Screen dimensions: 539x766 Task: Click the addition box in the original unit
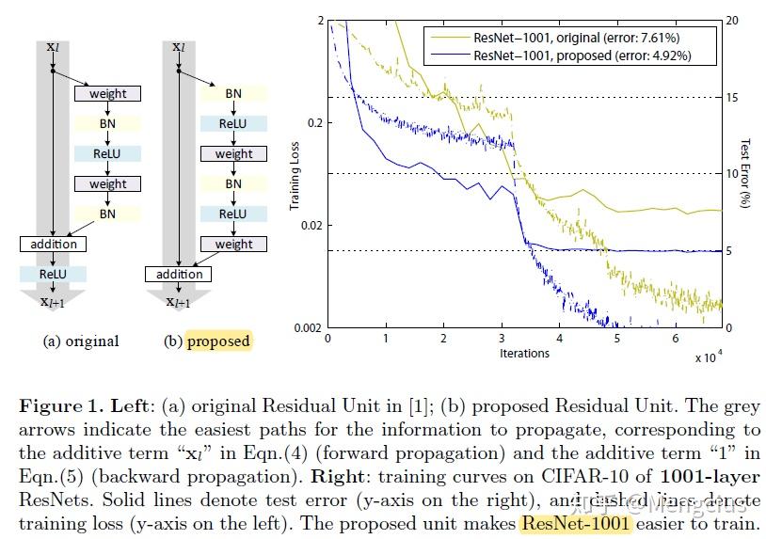click(x=53, y=244)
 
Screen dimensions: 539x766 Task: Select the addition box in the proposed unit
click(x=179, y=275)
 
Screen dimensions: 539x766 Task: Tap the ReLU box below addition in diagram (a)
click(x=53, y=274)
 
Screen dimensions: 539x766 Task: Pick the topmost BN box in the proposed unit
click(x=233, y=93)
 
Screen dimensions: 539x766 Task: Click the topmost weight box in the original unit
click(x=107, y=93)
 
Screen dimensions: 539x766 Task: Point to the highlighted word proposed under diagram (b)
click(x=218, y=341)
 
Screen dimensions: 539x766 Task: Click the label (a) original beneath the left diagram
click(x=81, y=341)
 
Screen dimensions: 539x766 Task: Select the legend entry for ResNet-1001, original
click(x=574, y=37)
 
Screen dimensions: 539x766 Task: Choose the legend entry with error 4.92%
click(x=574, y=55)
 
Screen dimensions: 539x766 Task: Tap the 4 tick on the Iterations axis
click(x=559, y=337)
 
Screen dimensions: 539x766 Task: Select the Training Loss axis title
click(x=295, y=175)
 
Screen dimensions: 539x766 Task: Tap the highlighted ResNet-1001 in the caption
click(x=576, y=522)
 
